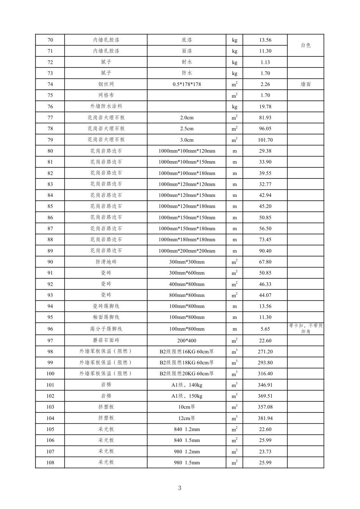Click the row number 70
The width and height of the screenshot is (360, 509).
50,40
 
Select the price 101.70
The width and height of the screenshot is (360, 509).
265,140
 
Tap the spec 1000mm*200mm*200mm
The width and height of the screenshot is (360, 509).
186,251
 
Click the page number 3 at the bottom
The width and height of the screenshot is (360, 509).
180,488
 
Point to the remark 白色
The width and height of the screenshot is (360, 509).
305,45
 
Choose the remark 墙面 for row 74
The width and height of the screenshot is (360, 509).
305,84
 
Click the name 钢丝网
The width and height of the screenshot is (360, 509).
106,84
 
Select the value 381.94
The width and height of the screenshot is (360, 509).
265,418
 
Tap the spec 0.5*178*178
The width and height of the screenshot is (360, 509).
186,84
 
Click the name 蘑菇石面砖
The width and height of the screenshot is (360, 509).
106,340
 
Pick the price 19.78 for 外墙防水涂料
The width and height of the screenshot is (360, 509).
265,106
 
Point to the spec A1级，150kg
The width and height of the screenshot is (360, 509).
186,396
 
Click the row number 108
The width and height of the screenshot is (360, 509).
50,462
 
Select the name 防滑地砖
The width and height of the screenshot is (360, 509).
106,262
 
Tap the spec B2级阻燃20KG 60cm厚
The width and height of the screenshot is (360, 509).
186,373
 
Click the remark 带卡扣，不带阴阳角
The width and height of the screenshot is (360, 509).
305,329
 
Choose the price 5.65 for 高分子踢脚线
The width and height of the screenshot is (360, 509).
265,329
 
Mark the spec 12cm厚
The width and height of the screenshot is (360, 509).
186,418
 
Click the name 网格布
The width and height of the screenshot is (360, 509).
106,95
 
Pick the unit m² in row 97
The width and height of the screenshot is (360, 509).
235,340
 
